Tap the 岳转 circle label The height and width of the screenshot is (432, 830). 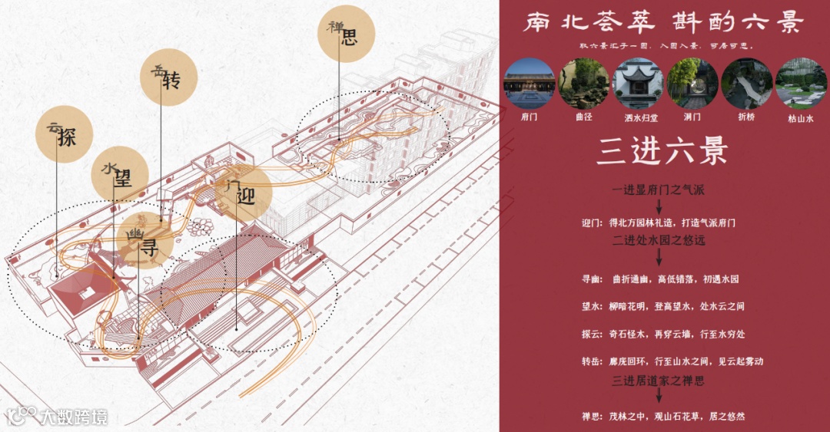tap(168, 78)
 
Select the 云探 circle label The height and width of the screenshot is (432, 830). tap(64, 134)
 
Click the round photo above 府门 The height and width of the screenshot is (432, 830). tap(529, 84)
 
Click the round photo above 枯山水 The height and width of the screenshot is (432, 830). tap(801, 84)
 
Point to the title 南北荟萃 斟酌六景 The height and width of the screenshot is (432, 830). tap(662, 23)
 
